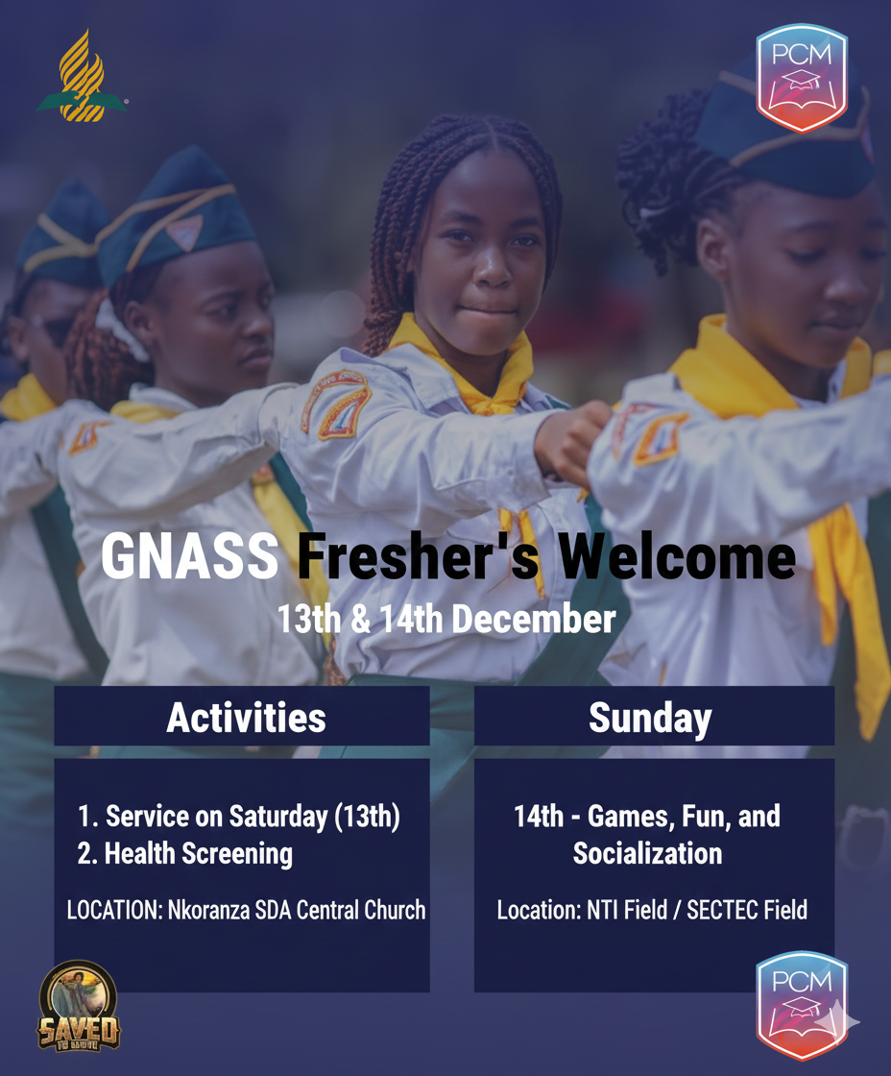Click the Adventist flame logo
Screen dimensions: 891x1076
[x=82, y=76]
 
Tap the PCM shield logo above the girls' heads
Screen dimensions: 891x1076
[x=801, y=78]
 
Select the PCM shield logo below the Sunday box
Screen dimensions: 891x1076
[x=801, y=1005]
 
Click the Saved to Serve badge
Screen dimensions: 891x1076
[x=78, y=1006]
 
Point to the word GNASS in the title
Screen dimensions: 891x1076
[x=190, y=556]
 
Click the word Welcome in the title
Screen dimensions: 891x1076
[x=677, y=556]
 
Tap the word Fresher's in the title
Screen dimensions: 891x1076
[x=419, y=556]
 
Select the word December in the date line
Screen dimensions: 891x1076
[x=534, y=619]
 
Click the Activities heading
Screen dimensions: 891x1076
[x=246, y=718]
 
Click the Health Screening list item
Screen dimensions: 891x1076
[x=185, y=854]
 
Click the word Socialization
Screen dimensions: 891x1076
[x=647, y=853]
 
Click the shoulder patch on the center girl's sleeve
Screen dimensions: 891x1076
[x=336, y=404]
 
